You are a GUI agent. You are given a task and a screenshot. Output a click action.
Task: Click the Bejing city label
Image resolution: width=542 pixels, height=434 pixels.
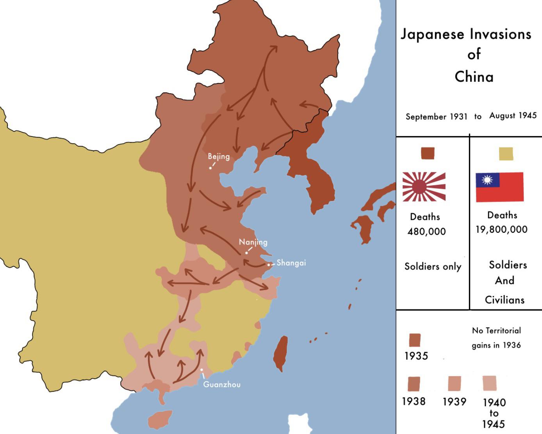[218, 156]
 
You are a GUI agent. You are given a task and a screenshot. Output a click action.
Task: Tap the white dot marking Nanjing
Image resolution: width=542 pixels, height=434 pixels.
[246, 253]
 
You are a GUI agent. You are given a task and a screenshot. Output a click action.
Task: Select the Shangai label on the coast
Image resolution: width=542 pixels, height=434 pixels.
[291, 263]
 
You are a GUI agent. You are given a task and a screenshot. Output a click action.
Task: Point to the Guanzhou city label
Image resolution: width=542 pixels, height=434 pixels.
[222, 384]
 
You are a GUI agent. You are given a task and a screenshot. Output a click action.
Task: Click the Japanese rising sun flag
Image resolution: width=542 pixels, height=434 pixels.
[424, 187]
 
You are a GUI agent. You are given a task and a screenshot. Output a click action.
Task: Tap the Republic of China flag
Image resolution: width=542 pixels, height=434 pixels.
[499, 187]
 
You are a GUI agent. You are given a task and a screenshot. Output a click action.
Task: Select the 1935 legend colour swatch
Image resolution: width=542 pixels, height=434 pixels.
[414, 340]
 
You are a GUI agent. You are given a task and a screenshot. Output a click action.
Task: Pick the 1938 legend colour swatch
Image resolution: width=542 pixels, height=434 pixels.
[414, 384]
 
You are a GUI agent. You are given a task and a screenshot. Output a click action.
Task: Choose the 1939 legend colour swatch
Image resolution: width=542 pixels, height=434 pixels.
[454, 383]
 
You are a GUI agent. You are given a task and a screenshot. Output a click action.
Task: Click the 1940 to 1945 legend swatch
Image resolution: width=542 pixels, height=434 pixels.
[489, 383]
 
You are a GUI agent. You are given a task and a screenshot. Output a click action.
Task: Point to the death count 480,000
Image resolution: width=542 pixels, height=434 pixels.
[426, 232]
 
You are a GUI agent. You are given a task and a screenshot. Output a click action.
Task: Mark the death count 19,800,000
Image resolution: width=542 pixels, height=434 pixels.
[501, 230]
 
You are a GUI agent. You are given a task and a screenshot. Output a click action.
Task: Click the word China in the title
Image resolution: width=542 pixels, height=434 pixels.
[474, 77]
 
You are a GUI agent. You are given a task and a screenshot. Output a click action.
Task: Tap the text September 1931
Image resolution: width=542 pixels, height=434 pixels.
[436, 117]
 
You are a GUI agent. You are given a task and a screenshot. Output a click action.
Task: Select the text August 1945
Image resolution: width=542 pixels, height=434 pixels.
[513, 115]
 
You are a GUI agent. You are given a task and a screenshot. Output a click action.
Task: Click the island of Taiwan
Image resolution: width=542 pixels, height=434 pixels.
[281, 353]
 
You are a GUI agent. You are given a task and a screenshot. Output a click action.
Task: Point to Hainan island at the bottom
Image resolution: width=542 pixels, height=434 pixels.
[160, 419]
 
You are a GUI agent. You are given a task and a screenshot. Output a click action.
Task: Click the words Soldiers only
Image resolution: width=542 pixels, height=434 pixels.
[433, 267]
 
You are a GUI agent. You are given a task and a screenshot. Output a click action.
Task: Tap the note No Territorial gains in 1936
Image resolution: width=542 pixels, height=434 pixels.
[496, 338]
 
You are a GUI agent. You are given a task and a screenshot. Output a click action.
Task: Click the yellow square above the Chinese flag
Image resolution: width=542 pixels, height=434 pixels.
[506, 154]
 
